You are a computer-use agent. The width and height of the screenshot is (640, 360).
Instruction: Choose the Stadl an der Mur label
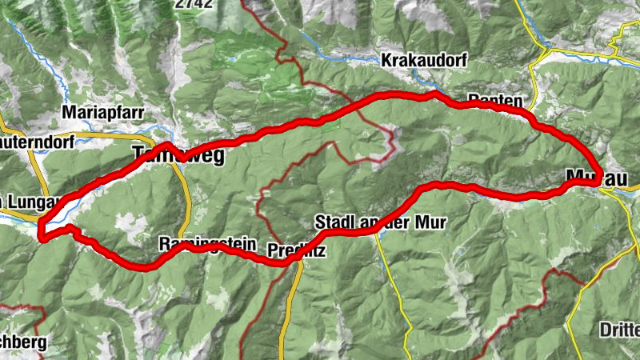coord(380,221)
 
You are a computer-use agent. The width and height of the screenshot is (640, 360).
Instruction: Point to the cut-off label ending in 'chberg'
coord(23,342)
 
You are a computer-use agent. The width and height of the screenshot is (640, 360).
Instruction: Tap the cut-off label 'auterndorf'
coord(37,141)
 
